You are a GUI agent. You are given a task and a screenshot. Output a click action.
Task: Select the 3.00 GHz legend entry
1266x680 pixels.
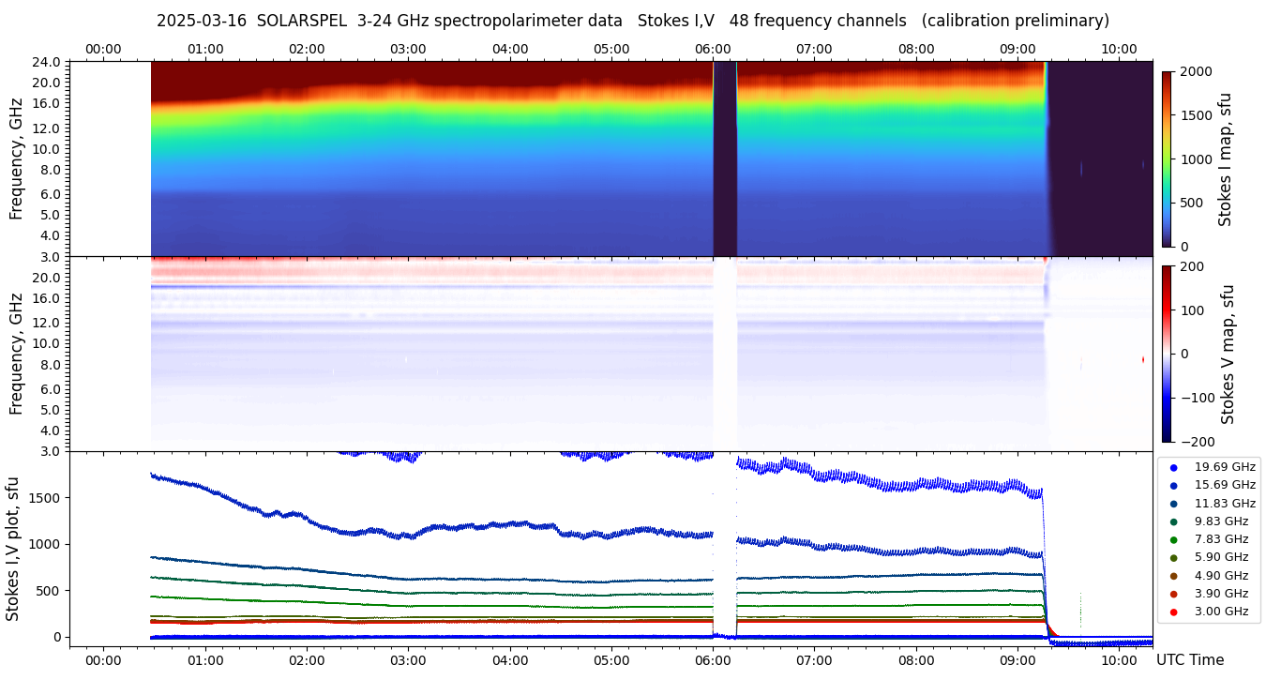[x=1221, y=612]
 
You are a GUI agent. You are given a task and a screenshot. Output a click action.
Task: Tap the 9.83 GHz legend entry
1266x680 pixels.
[x=1221, y=521]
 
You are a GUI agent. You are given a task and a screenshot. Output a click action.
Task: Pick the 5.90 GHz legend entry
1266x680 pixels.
[x=1221, y=558]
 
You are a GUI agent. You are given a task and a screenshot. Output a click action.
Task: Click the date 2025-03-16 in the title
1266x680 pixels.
[x=201, y=21]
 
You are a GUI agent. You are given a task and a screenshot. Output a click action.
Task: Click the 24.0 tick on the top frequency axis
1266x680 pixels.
[x=48, y=62]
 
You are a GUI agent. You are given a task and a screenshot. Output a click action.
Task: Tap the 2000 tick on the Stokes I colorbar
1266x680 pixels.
[x=1195, y=71]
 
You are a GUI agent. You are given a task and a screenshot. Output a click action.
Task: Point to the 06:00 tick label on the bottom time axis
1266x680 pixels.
[x=713, y=660]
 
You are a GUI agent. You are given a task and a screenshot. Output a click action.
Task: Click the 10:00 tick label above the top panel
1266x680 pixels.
[x=1119, y=49]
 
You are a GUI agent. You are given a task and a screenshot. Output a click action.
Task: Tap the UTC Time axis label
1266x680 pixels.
[x=1189, y=660]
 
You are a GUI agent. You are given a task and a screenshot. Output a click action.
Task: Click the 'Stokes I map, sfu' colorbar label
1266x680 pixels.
[x=1226, y=159]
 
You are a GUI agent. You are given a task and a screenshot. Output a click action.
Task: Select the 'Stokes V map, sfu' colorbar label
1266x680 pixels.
[x=1228, y=354]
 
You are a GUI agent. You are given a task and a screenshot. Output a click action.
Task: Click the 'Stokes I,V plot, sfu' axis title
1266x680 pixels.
[x=13, y=549]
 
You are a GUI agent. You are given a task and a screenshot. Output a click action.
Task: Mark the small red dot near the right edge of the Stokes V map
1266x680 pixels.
[x=1143, y=359]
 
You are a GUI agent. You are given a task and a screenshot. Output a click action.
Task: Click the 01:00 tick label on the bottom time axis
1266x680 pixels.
[x=204, y=660]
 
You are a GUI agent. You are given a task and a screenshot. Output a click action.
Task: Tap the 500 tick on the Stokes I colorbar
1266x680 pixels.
[x=1191, y=203]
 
